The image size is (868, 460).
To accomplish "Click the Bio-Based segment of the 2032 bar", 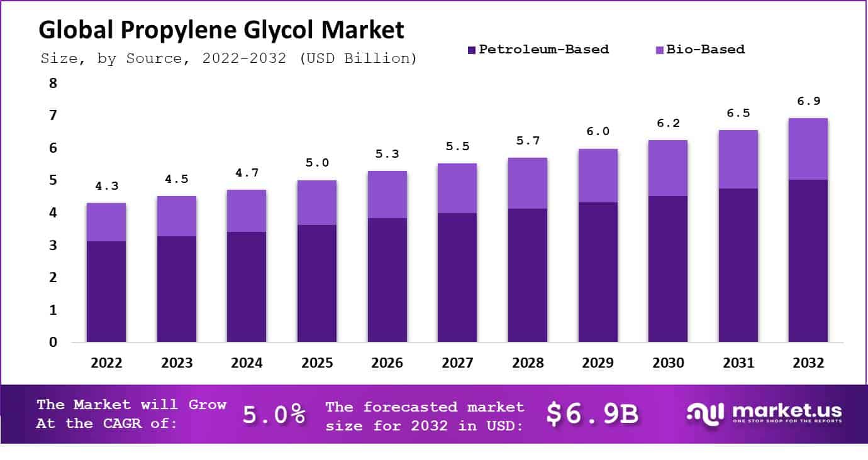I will tap(808, 149).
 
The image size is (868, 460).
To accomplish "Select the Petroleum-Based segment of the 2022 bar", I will tap(106, 292).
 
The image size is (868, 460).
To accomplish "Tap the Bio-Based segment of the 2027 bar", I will tap(457, 188).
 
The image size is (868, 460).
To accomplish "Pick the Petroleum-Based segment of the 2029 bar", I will tap(598, 272).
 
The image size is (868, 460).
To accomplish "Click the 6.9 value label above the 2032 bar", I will tap(808, 102).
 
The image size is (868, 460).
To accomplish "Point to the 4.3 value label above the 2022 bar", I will tap(106, 186).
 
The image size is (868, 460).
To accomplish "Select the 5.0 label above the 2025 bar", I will tap(317, 163).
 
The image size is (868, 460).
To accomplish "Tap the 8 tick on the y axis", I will tap(53, 83).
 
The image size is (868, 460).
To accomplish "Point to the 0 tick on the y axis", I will tap(53, 342).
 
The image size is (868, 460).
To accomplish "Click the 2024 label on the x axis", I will tap(247, 363).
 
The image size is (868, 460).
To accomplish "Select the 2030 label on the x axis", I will tap(667, 363).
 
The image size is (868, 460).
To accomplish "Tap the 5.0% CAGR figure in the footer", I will tap(274, 414).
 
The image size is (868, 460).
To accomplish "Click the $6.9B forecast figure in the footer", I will tap(592, 414).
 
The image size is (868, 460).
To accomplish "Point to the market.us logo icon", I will tap(706, 413).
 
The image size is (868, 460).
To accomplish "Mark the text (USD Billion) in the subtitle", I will tap(358, 58).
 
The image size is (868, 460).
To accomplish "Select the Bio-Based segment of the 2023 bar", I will tap(177, 216).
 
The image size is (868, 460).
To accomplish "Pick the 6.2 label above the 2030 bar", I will tap(667, 123).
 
